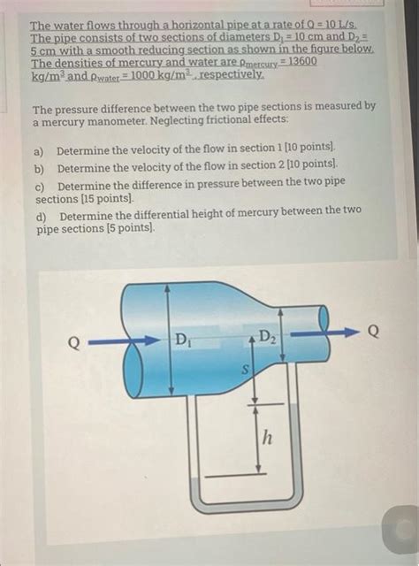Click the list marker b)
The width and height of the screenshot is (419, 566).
(40, 167)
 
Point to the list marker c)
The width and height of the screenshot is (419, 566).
(40, 186)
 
